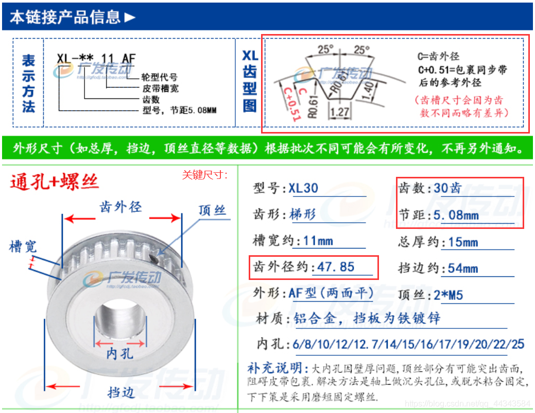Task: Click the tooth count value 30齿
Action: (x=447, y=188)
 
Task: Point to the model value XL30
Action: (x=303, y=188)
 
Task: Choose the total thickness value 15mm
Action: (x=460, y=242)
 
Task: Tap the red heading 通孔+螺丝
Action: (x=54, y=182)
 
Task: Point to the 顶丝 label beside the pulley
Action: (x=212, y=210)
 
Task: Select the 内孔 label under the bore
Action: (x=120, y=354)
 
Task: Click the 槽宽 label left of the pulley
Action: (x=23, y=246)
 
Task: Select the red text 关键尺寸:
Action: (x=205, y=175)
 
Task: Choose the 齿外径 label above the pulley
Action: (x=120, y=207)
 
